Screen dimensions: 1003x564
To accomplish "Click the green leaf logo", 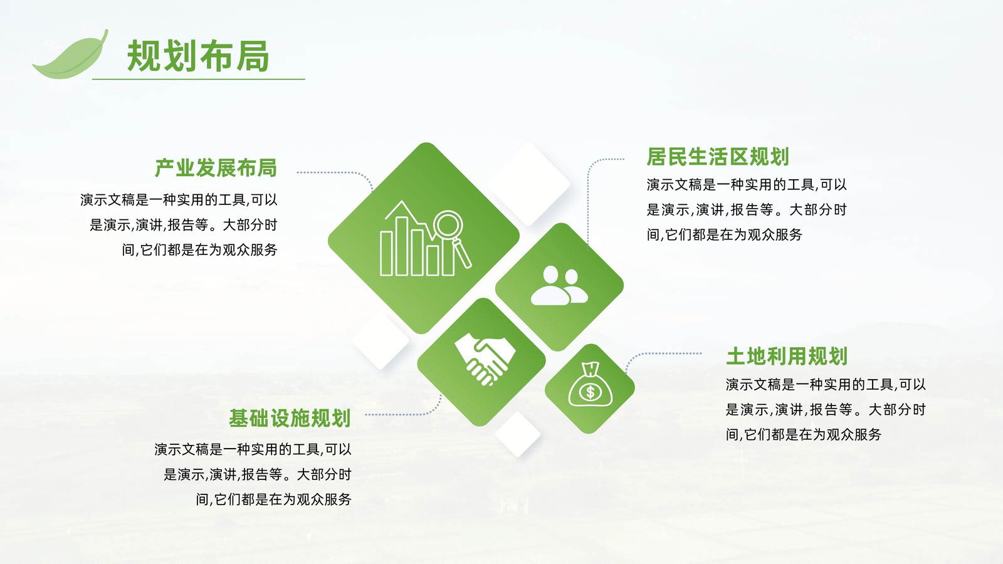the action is (71, 56).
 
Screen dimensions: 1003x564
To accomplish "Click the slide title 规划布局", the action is (198, 56).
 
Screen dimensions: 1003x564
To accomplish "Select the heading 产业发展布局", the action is (216, 168).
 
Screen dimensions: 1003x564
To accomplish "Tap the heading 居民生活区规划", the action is (717, 157).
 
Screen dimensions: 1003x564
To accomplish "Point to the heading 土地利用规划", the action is (787, 357).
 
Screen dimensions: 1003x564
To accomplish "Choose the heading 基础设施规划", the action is (290, 418).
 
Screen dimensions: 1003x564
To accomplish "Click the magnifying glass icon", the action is (451, 238).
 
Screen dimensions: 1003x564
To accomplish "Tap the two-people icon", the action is (559, 286).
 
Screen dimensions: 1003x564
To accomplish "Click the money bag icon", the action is (590, 384).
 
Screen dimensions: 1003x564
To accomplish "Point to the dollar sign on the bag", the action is (590, 392).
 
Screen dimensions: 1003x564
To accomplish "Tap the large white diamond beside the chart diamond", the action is (528, 184).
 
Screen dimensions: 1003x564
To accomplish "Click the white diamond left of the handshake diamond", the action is (381, 341).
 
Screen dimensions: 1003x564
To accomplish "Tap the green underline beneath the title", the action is (198, 79).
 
